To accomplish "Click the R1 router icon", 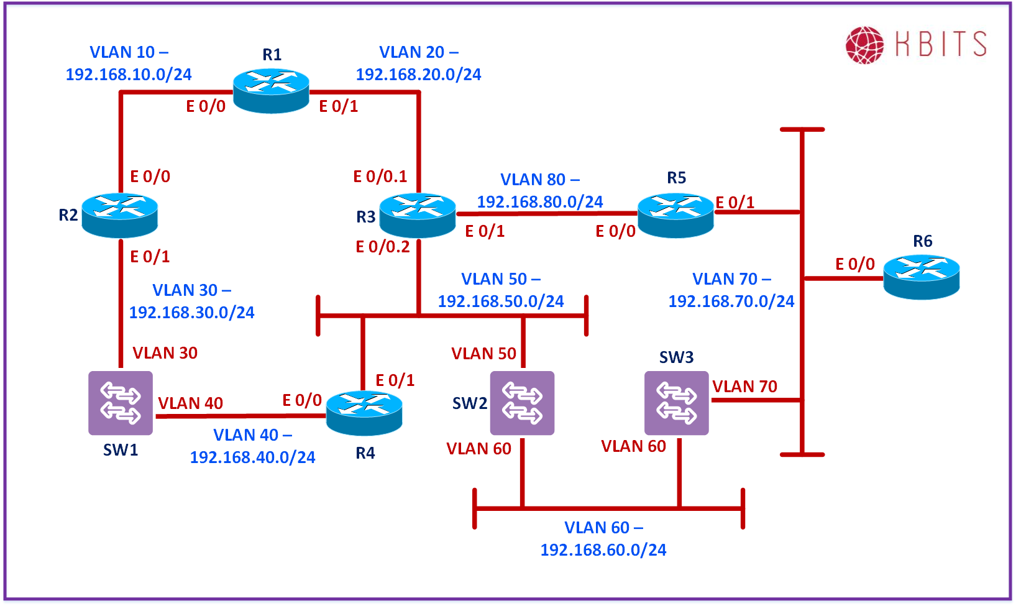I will (x=271, y=91).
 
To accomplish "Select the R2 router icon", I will (x=119, y=215).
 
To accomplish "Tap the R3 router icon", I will (x=418, y=215).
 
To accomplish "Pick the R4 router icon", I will (x=364, y=413).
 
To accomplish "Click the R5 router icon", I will (x=675, y=215).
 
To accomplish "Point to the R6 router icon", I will (x=922, y=277).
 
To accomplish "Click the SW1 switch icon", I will (x=121, y=403).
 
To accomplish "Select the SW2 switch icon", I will (x=522, y=403).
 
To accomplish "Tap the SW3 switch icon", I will (x=676, y=403).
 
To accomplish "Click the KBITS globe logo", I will (x=864, y=45).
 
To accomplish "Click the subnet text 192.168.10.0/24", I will (x=129, y=75).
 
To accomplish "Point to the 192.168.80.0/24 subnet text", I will (x=540, y=202).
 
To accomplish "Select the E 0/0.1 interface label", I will (x=380, y=177).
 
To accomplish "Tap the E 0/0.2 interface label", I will (x=383, y=247).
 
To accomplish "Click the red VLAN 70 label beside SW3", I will (x=744, y=387).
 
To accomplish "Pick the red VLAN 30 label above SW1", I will (x=165, y=353).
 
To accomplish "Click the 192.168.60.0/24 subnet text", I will (x=603, y=550).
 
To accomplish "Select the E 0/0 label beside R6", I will (x=855, y=264).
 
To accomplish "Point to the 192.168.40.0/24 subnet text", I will (x=252, y=457).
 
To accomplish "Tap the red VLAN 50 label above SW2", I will (x=483, y=354).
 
